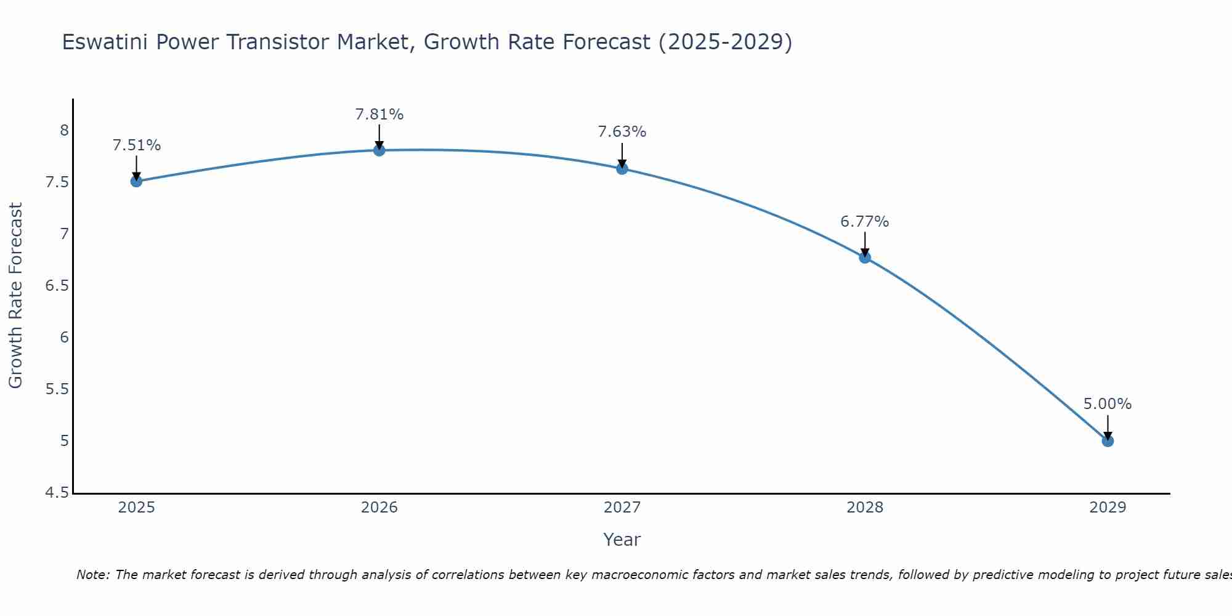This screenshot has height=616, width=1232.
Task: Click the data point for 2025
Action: tap(136, 181)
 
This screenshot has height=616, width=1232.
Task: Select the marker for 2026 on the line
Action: tap(379, 150)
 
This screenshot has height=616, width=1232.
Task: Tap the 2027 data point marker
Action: tap(622, 169)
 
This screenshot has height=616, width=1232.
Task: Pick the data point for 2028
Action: tap(865, 257)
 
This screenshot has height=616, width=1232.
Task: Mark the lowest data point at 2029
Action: tap(1108, 441)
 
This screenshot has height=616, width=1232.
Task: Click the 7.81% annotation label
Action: tap(379, 115)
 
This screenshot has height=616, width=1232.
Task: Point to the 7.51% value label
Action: tap(136, 145)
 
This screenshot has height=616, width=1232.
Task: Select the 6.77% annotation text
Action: tap(865, 222)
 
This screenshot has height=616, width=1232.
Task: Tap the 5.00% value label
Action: tap(1108, 404)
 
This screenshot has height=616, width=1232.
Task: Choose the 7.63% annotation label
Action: tap(622, 132)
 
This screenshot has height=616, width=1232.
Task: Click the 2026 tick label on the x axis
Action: tap(379, 508)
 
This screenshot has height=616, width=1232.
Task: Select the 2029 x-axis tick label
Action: tap(1108, 508)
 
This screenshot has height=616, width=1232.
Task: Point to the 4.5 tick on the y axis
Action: tap(57, 493)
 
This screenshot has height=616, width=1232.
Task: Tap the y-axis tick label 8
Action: tap(64, 131)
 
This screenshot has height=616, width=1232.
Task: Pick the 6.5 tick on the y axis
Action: tap(57, 286)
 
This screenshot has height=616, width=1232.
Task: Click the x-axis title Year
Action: tap(622, 540)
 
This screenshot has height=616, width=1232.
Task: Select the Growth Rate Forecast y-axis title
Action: tap(16, 296)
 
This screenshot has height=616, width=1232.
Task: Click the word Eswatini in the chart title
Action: tap(105, 43)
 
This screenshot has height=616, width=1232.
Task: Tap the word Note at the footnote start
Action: tap(92, 575)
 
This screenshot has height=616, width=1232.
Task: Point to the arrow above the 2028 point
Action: tap(865, 243)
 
